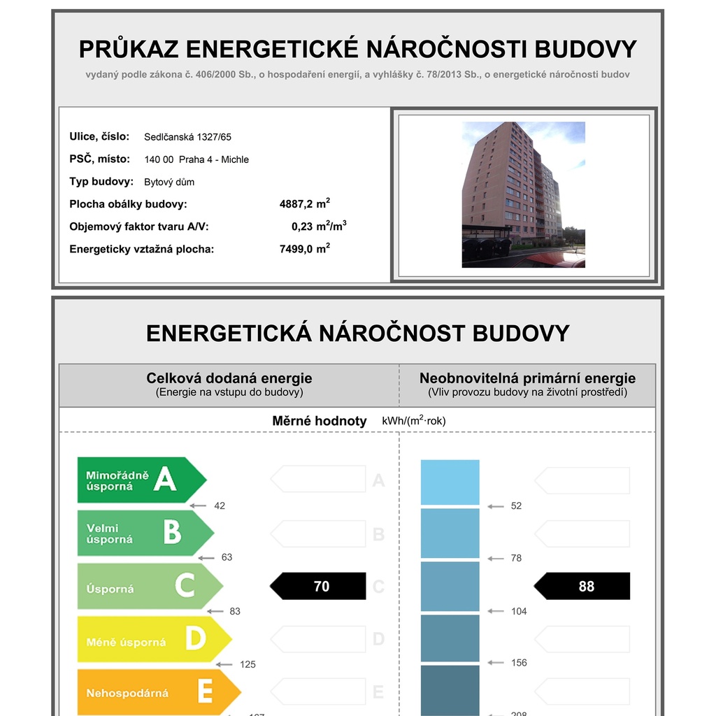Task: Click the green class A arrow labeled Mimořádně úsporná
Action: [140, 480]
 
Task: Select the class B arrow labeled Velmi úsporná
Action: [144, 533]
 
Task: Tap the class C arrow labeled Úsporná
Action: [148, 586]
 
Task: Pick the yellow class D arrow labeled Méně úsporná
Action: [152, 639]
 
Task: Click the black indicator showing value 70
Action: [319, 587]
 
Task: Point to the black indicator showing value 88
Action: [583, 587]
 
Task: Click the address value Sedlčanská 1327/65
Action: [187, 137]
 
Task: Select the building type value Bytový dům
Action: [169, 182]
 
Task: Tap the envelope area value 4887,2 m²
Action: [305, 204]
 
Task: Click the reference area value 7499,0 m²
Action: [305, 249]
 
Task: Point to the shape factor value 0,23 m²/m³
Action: [319, 227]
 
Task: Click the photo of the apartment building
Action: [523, 194]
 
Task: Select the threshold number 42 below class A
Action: [220, 506]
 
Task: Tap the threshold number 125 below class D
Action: [248, 664]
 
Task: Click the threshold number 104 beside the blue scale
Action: [519, 611]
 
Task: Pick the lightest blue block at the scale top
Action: [450, 482]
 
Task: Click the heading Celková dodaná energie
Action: [229, 378]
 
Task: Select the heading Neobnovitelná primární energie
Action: [527, 378]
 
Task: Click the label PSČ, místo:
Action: [99, 159]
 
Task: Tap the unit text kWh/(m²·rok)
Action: [414, 421]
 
